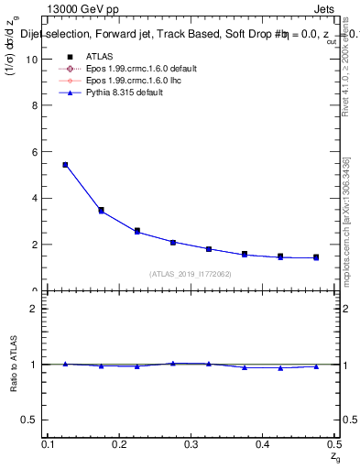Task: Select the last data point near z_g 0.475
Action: (316, 257)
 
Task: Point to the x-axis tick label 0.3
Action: (191, 444)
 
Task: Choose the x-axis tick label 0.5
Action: (334, 444)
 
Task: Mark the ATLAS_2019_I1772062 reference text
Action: (191, 274)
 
